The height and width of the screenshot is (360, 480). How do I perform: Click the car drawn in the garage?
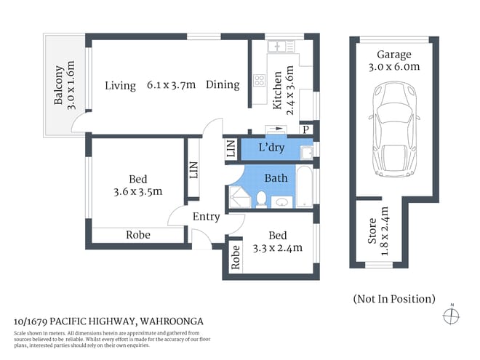[393, 131]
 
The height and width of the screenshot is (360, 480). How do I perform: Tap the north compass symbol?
[452, 315]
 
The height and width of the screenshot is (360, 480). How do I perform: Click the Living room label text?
[120, 85]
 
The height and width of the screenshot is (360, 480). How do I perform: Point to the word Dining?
[222, 84]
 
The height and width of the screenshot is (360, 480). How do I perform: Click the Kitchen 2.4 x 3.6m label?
[282, 89]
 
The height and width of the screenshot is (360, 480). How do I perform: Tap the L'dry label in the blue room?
[271, 148]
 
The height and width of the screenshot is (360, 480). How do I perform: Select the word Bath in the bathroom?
[276, 177]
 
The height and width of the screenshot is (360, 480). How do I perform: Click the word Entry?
[206, 217]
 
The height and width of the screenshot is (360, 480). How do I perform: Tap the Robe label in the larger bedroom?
[138, 235]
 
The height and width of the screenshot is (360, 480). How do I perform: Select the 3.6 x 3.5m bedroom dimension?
[137, 192]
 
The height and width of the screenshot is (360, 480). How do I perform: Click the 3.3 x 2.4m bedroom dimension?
[277, 248]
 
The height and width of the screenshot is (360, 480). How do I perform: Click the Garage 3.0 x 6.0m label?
[393, 60]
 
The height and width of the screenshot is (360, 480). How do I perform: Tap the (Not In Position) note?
[393, 298]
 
